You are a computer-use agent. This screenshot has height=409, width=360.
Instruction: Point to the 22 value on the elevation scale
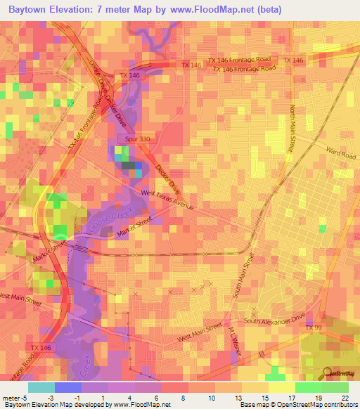click(344, 398)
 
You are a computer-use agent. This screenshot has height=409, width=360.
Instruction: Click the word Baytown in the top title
click(31, 10)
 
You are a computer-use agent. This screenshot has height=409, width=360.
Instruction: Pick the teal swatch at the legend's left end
click(41, 387)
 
